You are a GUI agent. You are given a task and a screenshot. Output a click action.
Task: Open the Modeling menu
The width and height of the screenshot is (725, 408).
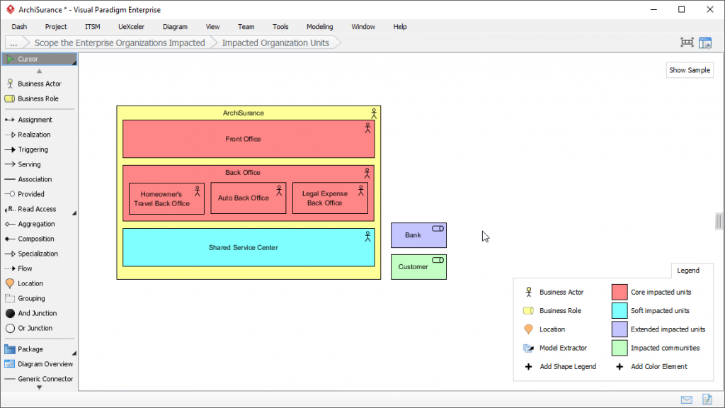click(319, 27)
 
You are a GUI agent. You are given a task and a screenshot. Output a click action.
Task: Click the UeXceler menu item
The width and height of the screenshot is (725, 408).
click(131, 27)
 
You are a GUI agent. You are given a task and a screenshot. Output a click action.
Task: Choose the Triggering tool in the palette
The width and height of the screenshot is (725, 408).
click(33, 149)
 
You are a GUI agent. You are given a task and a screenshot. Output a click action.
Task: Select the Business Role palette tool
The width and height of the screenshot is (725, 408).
click(38, 98)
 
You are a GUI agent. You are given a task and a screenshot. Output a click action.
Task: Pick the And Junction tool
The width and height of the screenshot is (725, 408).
click(37, 313)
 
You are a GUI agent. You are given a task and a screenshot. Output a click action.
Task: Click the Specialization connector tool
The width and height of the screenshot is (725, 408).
click(38, 254)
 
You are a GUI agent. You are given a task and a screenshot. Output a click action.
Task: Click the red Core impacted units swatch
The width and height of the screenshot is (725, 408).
click(620, 292)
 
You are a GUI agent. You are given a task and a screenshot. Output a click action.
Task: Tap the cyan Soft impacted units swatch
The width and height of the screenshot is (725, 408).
click(620, 310)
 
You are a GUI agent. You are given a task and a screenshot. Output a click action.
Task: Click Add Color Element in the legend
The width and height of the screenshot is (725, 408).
click(658, 367)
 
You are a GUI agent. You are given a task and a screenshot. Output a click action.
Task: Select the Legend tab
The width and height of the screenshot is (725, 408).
click(687, 271)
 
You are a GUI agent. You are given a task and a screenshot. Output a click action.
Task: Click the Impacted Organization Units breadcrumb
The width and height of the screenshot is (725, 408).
click(275, 42)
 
